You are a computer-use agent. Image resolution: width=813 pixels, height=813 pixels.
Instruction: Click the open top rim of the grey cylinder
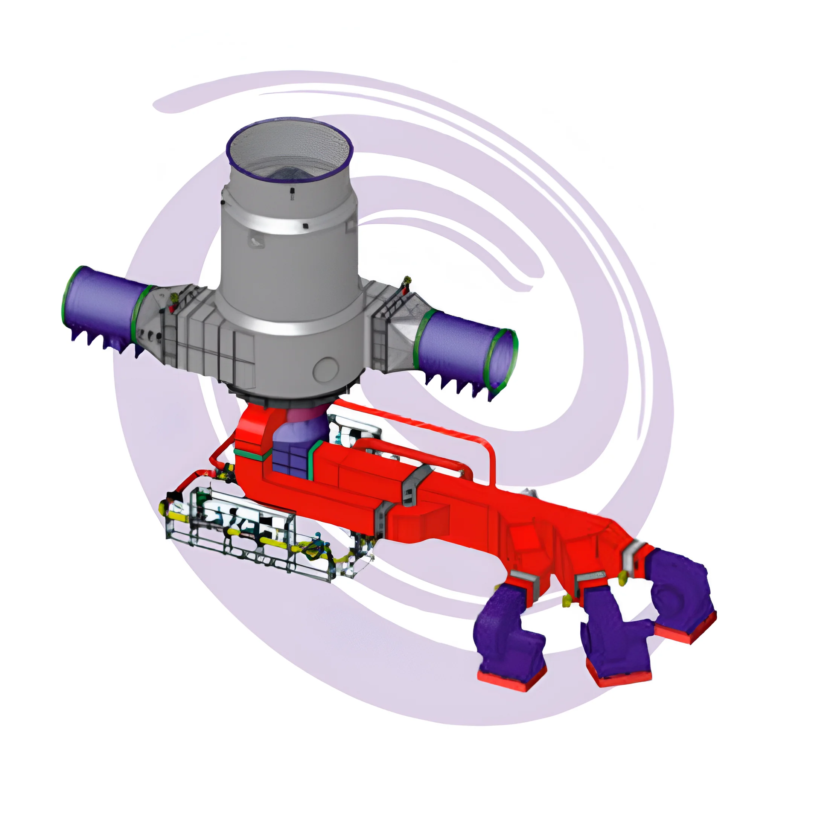tap(289, 126)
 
